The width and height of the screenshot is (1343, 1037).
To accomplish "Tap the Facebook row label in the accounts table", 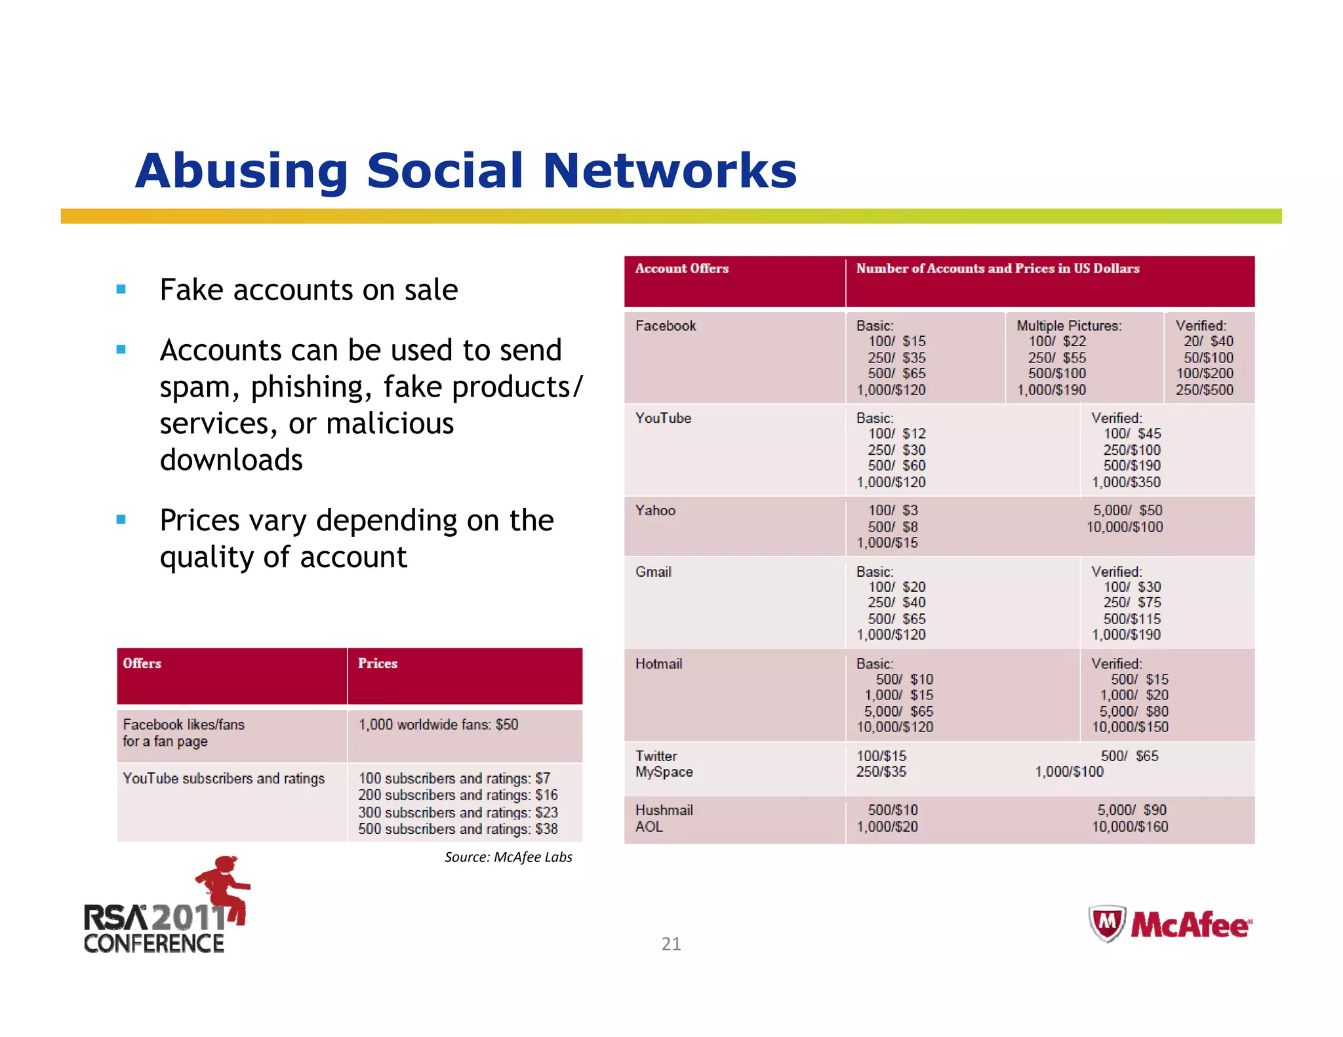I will pos(665,326).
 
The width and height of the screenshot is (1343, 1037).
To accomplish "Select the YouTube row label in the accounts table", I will pos(662,418).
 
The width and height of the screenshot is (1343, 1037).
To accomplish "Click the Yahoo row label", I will pos(654,511).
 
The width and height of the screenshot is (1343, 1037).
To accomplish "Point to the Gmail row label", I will pos(652,572).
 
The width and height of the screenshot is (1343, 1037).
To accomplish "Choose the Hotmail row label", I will pos(658,664).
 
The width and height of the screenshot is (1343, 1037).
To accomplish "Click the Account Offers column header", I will pos(681,269).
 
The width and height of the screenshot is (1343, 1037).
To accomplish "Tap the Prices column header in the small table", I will pos(377,663).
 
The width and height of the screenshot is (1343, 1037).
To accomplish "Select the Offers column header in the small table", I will pos(142,663).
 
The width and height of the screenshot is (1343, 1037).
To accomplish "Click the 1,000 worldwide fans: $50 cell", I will pos(438,725).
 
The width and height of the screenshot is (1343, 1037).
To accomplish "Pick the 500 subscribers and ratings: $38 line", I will pos(458,829).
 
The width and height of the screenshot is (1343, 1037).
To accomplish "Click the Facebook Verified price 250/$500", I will pos(1204,390).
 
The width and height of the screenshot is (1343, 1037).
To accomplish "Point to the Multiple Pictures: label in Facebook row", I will pos(1068,326).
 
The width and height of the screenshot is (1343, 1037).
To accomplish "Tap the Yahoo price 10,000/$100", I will pos(1124,527).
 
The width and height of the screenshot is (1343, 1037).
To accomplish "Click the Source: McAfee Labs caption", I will pos(508,857).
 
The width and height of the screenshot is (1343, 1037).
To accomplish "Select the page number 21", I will pos(671,944).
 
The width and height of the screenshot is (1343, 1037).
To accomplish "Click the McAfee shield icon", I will pos(1107,924).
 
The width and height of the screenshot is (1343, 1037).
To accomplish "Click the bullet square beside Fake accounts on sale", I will pos(121,289).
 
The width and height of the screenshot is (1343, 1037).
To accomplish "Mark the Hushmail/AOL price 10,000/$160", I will pos(1129,827).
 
